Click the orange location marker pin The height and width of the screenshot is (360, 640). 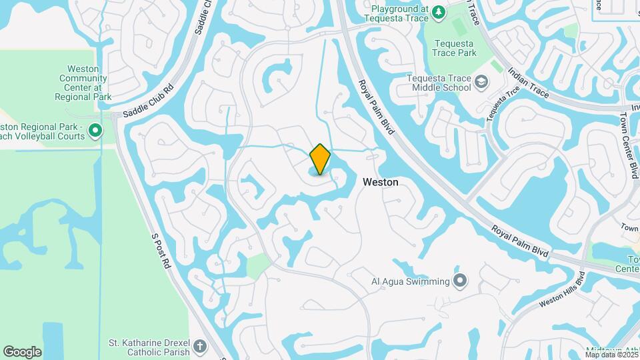tap(320, 159)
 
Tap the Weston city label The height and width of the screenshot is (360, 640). tap(381, 182)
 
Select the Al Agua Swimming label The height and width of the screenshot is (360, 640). tap(410, 281)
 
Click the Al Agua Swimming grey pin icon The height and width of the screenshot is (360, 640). tap(460, 281)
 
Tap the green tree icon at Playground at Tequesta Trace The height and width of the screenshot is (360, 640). tap(438, 11)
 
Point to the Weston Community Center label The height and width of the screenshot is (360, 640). tap(83, 83)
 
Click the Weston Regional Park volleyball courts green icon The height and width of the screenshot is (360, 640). tap(95, 131)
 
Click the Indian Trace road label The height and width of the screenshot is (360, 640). tap(528, 83)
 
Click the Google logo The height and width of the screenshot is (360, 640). tap(22, 352)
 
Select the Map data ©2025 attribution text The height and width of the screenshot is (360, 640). tap(610, 355)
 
